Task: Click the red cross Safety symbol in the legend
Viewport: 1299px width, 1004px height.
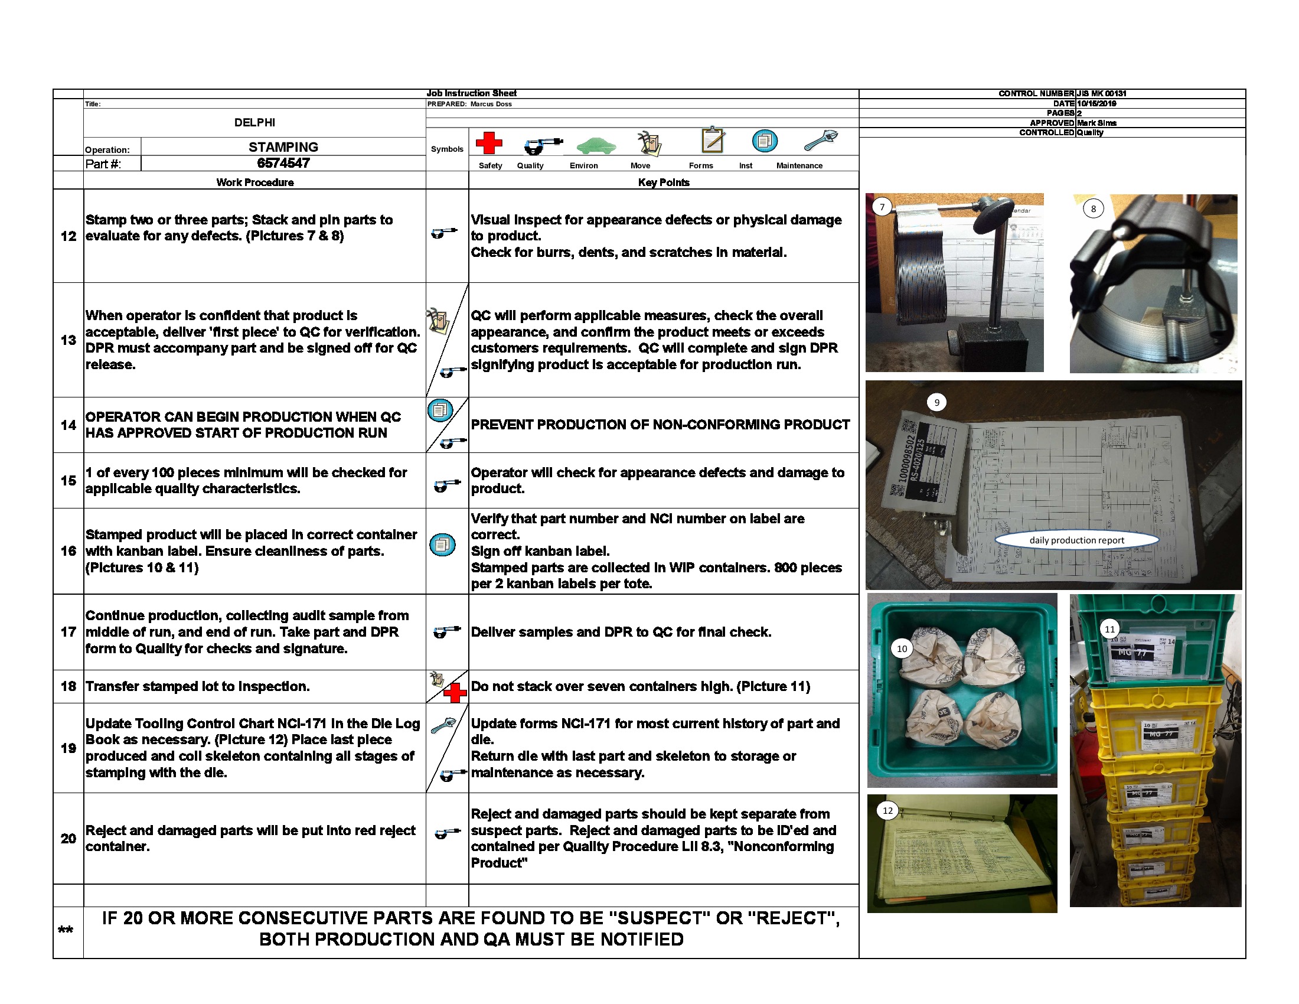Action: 488,144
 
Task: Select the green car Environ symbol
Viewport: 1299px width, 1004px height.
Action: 595,145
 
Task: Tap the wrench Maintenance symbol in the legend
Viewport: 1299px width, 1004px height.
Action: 821,141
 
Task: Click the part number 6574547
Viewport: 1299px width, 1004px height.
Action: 283,163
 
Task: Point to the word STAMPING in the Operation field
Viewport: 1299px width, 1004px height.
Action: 283,147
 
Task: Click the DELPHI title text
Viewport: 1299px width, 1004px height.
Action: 254,122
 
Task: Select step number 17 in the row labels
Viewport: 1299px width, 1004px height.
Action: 68,632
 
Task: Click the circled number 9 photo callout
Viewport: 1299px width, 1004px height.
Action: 937,403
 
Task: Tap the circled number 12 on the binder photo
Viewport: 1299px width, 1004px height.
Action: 887,811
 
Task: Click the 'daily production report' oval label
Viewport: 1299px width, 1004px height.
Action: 1076,540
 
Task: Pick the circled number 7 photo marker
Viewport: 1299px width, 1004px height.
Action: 882,207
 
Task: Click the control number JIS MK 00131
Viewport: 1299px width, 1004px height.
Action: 1101,93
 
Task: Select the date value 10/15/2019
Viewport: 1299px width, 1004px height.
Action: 1096,103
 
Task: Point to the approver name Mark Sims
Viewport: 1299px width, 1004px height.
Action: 1096,123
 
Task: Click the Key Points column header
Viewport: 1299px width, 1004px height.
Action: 663,182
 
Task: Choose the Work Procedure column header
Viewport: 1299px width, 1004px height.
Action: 254,182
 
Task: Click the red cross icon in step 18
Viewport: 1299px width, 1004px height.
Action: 455,692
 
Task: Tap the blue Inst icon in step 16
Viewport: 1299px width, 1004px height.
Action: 442,545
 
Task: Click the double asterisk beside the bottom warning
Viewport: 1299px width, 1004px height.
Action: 66,930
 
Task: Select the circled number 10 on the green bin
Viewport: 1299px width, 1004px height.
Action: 902,648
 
